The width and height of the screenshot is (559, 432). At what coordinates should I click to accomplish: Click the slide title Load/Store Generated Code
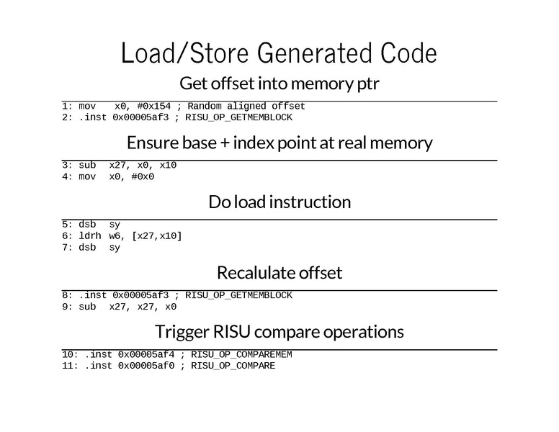tap(279, 54)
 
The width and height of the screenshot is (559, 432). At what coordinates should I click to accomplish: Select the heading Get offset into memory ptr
tap(279, 84)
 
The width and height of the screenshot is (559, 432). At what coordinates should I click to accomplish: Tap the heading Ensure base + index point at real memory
tap(279, 143)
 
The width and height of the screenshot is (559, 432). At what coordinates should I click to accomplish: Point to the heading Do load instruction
tap(279, 202)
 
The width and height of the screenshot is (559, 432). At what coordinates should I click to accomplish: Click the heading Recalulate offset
tap(279, 273)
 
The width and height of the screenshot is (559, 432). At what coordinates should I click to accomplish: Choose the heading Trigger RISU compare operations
tap(279, 332)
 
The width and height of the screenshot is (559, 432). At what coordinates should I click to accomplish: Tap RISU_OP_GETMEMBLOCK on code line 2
tap(238, 117)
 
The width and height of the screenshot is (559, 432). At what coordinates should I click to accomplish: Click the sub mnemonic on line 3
tap(87, 166)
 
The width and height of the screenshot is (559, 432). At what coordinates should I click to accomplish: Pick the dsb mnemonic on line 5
tap(87, 225)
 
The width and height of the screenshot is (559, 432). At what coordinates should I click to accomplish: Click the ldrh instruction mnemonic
tap(90, 236)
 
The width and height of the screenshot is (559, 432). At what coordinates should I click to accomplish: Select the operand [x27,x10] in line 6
tap(157, 236)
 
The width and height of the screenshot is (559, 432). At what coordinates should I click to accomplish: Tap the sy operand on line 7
tap(115, 248)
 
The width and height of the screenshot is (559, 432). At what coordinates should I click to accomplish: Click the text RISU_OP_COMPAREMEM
tap(241, 354)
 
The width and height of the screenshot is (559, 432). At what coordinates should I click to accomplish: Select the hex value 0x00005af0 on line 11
tap(146, 366)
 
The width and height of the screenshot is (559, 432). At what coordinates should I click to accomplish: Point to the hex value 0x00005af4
tap(146, 354)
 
